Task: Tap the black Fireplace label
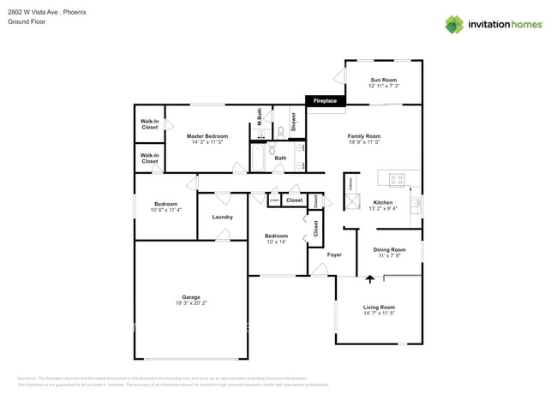[325, 101]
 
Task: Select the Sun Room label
[383, 80]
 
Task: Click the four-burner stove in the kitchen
[397, 180]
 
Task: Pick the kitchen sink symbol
[415, 205]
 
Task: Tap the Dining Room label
[389, 249]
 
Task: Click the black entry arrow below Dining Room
[370, 278]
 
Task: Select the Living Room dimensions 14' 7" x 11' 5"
[379, 313]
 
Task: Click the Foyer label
[334, 254]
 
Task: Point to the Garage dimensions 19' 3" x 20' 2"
[190, 302]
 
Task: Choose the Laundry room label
[222, 217]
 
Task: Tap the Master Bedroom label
[207, 136]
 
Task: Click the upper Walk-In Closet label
[149, 124]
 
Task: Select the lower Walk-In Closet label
[149, 158]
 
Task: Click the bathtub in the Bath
[258, 158]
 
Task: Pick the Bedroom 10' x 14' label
[276, 239]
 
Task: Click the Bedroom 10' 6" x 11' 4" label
[165, 206]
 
